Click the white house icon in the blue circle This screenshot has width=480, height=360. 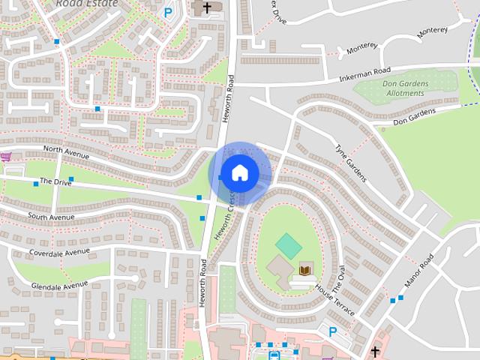(239, 172)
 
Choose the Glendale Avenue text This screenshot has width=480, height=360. (59, 285)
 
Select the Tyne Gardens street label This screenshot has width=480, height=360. (350, 162)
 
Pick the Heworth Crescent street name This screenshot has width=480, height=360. (225, 214)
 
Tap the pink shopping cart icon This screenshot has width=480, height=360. (6, 157)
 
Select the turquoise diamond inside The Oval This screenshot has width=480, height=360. (287, 244)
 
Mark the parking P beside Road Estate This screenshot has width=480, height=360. (167, 12)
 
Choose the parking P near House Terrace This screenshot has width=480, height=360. (333, 331)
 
